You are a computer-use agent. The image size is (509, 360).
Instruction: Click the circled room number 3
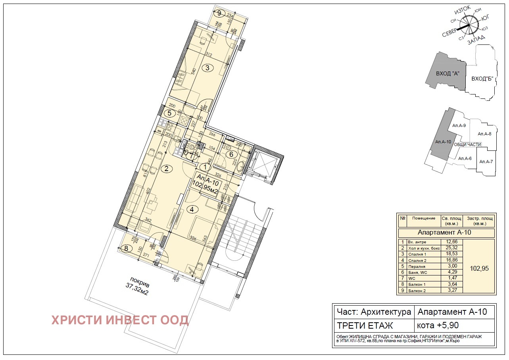207,67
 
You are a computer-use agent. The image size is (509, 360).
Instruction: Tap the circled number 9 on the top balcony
219,13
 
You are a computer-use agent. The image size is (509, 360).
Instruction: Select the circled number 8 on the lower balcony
126,249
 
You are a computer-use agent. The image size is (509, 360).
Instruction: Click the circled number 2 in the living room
166,169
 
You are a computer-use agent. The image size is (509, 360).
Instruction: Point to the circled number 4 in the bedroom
192,209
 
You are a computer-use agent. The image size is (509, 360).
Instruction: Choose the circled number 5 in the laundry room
169,113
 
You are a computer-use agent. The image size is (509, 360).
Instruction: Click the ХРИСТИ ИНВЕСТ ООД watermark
119,320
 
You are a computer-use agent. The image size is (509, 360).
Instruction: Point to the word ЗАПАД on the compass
476,40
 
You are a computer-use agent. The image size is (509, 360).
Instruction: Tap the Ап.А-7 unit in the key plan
486,162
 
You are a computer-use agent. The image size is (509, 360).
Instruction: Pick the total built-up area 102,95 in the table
479,268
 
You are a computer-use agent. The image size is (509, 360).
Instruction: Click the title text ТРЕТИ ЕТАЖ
365,325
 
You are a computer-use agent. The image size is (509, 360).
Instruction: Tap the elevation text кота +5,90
438,325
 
